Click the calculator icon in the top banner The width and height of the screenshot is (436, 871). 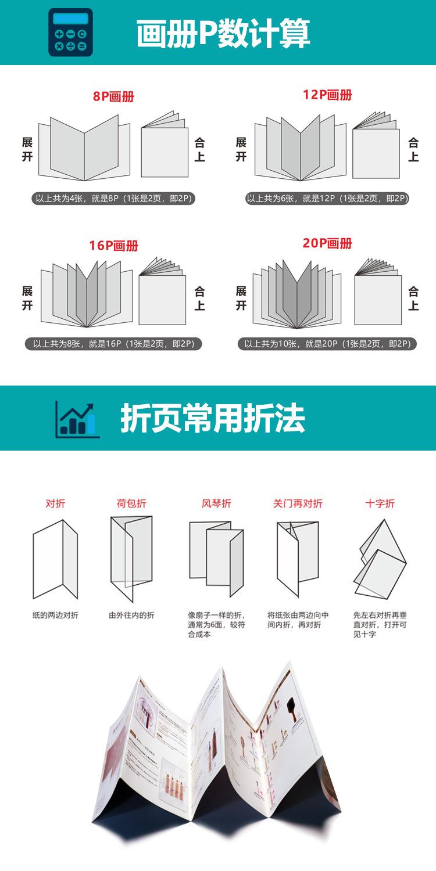(x=70, y=33)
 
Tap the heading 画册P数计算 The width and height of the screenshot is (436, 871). (x=223, y=34)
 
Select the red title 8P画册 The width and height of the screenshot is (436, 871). (x=113, y=96)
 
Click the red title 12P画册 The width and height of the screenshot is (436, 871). (x=327, y=95)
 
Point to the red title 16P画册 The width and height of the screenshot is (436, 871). (x=113, y=246)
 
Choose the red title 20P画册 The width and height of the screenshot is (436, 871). (x=327, y=243)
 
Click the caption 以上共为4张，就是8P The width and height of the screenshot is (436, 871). (x=113, y=199)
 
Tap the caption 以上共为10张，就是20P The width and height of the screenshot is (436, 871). (x=327, y=344)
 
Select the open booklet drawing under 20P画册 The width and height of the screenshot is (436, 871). (x=298, y=293)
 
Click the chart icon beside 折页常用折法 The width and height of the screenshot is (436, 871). (x=77, y=419)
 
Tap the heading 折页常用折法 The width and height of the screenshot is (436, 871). (x=213, y=418)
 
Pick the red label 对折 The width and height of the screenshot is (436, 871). (x=55, y=503)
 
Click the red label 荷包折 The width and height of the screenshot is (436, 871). (x=131, y=503)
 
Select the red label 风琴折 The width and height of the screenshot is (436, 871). (x=216, y=503)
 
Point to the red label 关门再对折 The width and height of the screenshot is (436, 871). (x=298, y=503)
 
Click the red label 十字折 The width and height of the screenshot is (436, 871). (x=380, y=503)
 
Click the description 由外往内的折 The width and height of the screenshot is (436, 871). (x=131, y=615)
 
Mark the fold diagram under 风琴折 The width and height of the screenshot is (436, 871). (x=216, y=557)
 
